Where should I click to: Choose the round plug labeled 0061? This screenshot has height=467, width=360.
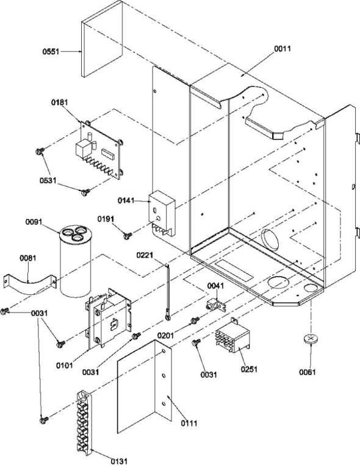pos(312,339)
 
